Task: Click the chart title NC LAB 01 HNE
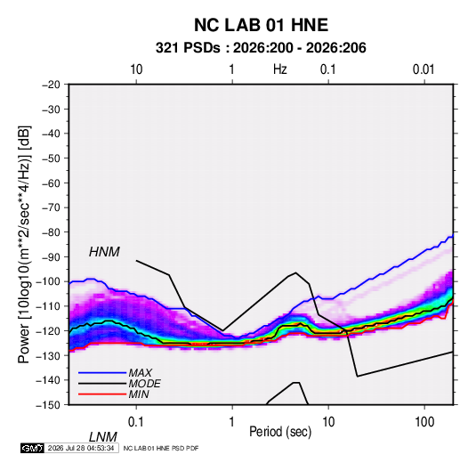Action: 261,25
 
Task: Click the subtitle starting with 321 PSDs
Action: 261,48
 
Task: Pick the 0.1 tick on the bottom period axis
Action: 136,422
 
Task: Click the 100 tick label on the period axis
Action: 424,422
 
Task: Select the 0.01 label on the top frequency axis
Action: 424,69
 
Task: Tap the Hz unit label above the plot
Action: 280,69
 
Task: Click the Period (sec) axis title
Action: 280,432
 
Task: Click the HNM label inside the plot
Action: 104,252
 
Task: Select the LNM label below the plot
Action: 102,437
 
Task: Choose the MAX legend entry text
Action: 140,373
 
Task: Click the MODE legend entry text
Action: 144,384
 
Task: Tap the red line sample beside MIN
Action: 102,394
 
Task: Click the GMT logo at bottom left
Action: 32,448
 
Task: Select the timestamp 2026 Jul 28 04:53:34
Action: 81,448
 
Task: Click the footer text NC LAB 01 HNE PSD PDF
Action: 161,448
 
